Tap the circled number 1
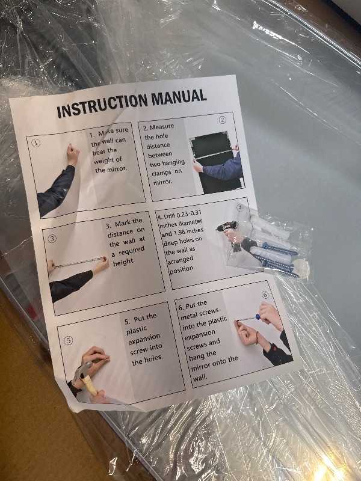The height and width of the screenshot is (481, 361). (x=36, y=143)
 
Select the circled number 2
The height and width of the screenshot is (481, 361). (x=222, y=120)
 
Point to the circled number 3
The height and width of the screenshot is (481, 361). (x=52, y=239)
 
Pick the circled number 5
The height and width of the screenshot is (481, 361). (x=68, y=340)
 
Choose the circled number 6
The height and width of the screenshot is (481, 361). (x=265, y=295)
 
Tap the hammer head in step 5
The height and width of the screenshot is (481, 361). (x=81, y=369)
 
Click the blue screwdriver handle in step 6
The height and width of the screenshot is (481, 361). (x=258, y=317)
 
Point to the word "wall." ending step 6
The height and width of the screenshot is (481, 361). (x=200, y=378)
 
